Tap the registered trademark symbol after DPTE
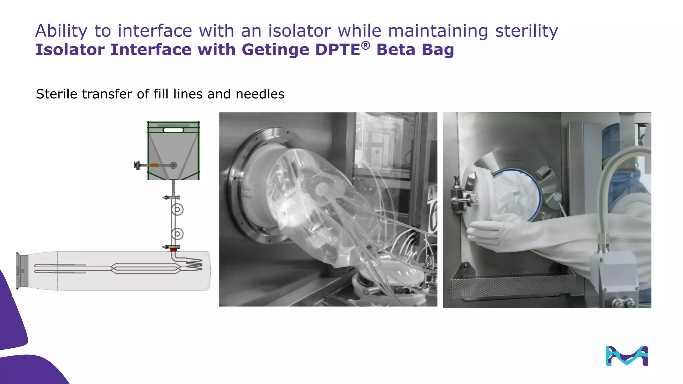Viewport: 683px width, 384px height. pos(366,45)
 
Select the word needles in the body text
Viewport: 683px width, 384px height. pos(260,94)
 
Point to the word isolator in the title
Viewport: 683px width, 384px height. pos(299,31)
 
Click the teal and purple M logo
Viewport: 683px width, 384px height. pos(627,356)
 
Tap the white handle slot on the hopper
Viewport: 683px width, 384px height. pos(173,130)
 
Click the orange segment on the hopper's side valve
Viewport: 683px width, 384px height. pos(154,165)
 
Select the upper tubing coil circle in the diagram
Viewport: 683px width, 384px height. pos(177,210)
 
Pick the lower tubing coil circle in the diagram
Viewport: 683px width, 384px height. pos(177,234)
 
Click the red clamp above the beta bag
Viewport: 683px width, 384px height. pos(173,250)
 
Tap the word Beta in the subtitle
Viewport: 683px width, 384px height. pos(396,50)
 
